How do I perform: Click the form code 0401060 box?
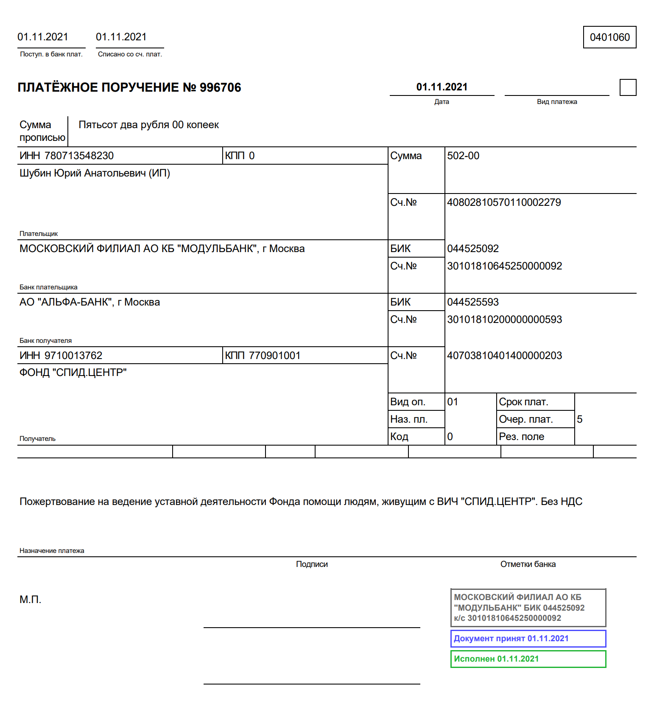(x=609, y=37)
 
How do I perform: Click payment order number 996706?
(x=220, y=87)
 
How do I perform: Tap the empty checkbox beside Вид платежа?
(x=628, y=87)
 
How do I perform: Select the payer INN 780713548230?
(x=79, y=156)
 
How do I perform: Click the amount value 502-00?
(x=463, y=156)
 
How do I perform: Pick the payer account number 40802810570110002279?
(x=504, y=202)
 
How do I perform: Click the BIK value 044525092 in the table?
(x=473, y=249)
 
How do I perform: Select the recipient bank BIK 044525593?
(x=473, y=302)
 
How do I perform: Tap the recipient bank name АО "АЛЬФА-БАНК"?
(x=89, y=302)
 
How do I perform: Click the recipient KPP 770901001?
(x=274, y=356)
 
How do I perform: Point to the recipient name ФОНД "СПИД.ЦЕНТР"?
(x=73, y=373)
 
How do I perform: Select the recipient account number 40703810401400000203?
(x=504, y=356)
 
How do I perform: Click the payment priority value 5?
(x=580, y=419)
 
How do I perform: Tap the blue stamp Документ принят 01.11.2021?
(x=528, y=639)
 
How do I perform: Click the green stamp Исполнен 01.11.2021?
(x=528, y=659)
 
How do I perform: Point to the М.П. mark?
(x=31, y=600)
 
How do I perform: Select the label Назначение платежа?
(x=52, y=551)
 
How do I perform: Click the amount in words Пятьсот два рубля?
(x=148, y=125)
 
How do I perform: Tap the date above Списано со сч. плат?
(x=121, y=37)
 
